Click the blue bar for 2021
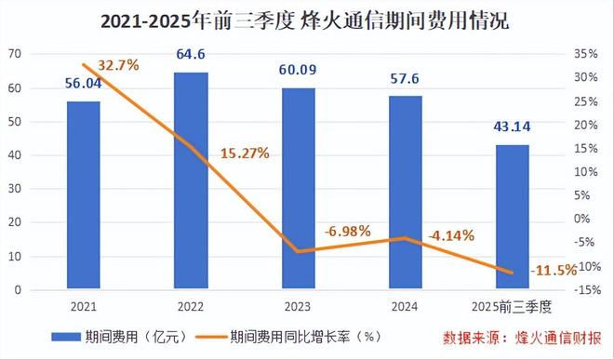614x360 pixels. (x=83, y=195)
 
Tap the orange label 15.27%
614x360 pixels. (x=245, y=153)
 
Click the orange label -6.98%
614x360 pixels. (x=348, y=230)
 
